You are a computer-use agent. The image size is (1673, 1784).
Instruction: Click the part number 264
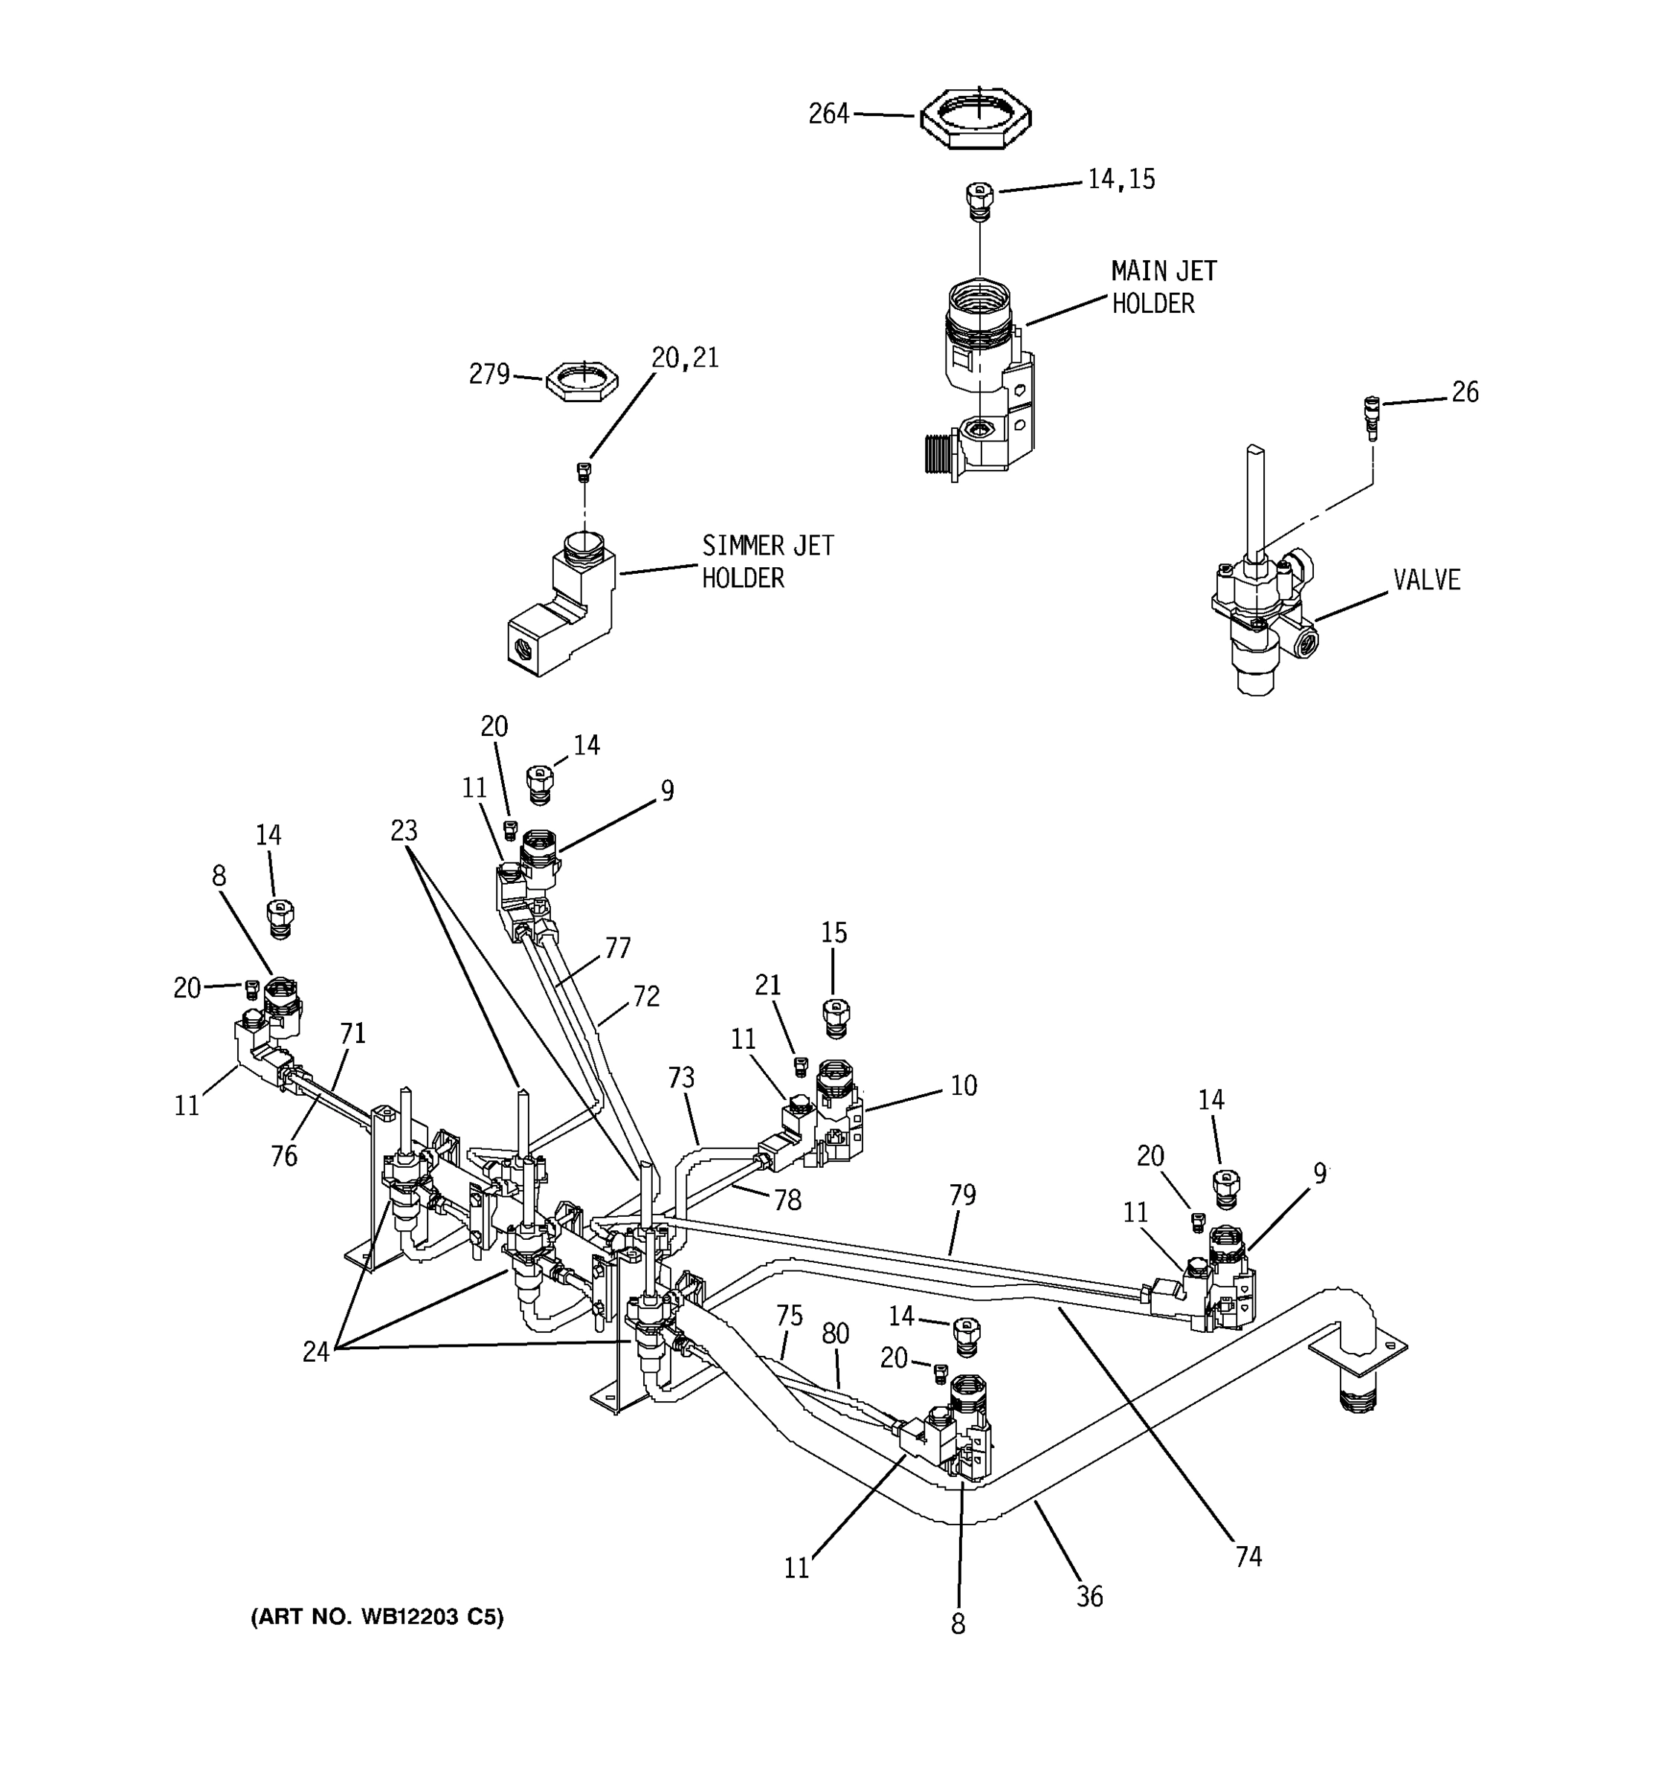(828, 114)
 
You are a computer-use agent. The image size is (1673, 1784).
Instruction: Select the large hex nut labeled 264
(976, 117)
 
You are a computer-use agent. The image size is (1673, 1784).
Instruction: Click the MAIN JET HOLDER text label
(1162, 287)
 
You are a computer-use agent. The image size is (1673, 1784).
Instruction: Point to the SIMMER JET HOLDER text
(767, 562)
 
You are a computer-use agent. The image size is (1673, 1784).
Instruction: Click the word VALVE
(1426, 580)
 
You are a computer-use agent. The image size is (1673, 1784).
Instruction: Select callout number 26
(1465, 392)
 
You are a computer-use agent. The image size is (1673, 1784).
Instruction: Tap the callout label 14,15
(1121, 179)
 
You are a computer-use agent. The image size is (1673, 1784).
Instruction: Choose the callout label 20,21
(685, 358)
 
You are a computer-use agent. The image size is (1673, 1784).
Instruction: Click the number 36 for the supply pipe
(1089, 1597)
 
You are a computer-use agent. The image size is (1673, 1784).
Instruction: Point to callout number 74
(1248, 1557)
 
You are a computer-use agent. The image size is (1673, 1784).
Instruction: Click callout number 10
(963, 1086)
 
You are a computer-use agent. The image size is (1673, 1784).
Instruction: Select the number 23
(404, 831)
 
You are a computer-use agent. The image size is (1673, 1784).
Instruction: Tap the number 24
(315, 1352)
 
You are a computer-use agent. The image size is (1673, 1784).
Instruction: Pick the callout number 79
(962, 1195)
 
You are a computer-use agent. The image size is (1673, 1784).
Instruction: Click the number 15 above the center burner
(834, 934)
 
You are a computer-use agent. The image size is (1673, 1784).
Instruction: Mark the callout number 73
(681, 1078)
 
